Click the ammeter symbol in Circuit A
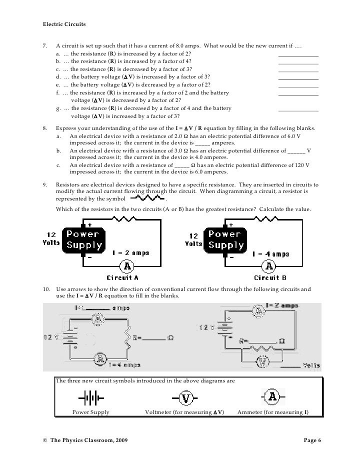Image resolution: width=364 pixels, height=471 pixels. coord(126,264)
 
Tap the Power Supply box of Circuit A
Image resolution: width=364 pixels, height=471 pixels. coord(83,239)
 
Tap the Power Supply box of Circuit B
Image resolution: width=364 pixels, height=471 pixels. coord(225,239)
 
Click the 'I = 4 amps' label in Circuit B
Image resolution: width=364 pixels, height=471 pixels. coord(270,253)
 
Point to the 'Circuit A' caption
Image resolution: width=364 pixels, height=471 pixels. coord(122,277)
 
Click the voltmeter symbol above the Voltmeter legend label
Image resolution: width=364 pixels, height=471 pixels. coord(185,398)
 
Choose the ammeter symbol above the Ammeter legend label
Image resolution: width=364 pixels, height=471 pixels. coord(273,397)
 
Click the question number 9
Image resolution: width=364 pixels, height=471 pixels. coord(46,184)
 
